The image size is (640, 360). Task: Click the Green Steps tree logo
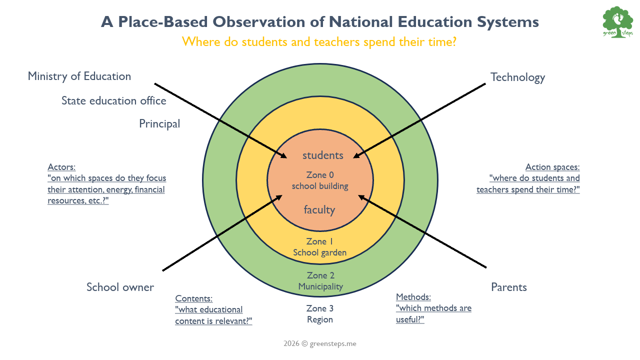click(617, 22)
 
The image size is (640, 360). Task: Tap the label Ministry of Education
click(79, 76)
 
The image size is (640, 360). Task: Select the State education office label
click(113, 101)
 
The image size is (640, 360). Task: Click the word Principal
click(159, 124)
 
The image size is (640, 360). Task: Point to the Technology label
click(517, 77)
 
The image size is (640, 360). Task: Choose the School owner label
click(120, 287)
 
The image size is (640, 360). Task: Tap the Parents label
click(509, 287)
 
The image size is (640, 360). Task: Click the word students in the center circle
click(323, 155)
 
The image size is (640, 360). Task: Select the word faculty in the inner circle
click(319, 210)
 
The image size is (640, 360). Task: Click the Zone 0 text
click(320, 175)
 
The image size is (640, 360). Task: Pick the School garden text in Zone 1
click(319, 253)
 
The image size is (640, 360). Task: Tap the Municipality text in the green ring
click(320, 286)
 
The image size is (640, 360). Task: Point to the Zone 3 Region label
click(320, 314)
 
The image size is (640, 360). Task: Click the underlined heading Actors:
click(61, 167)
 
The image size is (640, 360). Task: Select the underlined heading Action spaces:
click(552, 167)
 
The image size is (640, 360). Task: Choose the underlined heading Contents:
click(193, 298)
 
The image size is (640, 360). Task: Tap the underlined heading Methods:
click(413, 297)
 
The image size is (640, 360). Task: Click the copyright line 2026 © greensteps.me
click(320, 343)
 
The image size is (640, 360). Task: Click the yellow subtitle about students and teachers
click(319, 42)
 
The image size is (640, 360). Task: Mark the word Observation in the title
click(259, 22)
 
